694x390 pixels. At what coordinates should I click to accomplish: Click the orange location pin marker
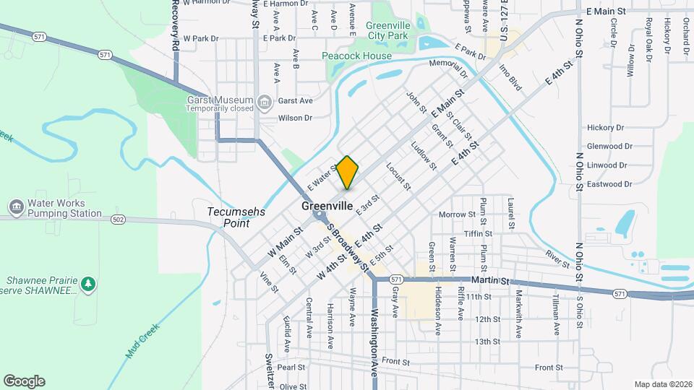click(x=348, y=173)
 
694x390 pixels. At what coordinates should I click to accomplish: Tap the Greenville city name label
click(x=327, y=206)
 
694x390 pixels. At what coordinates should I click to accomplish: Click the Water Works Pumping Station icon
click(x=15, y=208)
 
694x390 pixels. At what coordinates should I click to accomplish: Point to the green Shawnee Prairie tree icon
click(x=88, y=284)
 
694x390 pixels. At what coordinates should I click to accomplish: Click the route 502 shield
click(x=119, y=219)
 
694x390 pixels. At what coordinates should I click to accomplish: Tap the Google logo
click(x=24, y=381)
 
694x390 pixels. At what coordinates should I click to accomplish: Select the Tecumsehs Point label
click(x=236, y=218)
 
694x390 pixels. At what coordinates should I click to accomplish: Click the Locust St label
click(x=398, y=176)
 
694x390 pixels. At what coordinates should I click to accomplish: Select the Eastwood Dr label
click(x=610, y=184)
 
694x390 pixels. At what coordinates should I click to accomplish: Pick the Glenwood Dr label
click(x=610, y=146)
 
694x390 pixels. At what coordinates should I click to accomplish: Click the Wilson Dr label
click(x=295, y=118)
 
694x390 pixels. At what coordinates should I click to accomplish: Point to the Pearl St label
click(x=291, y=367)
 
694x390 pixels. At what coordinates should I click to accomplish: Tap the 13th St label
click(x=487, y=342)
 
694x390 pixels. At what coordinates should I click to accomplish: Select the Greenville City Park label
click(x=388, y=30)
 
